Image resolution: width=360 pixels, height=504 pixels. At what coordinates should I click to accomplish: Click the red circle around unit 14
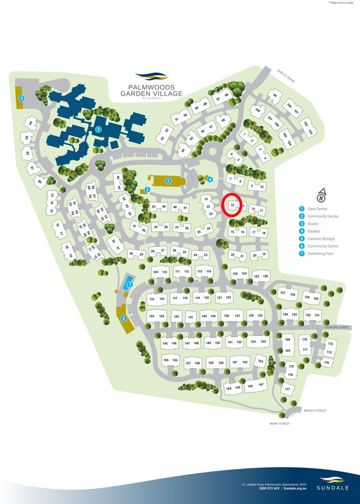232,205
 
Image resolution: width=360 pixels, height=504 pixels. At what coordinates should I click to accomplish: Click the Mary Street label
280,424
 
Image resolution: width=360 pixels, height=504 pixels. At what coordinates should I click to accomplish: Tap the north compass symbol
321,194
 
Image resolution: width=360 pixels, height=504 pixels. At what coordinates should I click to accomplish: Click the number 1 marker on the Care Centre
98,128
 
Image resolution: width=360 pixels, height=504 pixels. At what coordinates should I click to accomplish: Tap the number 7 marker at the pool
130,285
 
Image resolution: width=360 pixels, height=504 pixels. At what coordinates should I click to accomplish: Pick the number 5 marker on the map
21,98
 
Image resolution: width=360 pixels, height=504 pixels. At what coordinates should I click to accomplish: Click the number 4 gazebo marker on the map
210,179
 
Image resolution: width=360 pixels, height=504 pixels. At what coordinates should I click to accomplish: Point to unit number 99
275,96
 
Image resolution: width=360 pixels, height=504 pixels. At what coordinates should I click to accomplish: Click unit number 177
287,389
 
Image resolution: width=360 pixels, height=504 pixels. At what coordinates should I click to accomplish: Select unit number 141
191,317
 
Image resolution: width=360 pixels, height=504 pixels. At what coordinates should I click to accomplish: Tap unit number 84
30,123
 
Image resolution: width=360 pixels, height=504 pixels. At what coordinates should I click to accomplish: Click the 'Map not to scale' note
342,3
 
